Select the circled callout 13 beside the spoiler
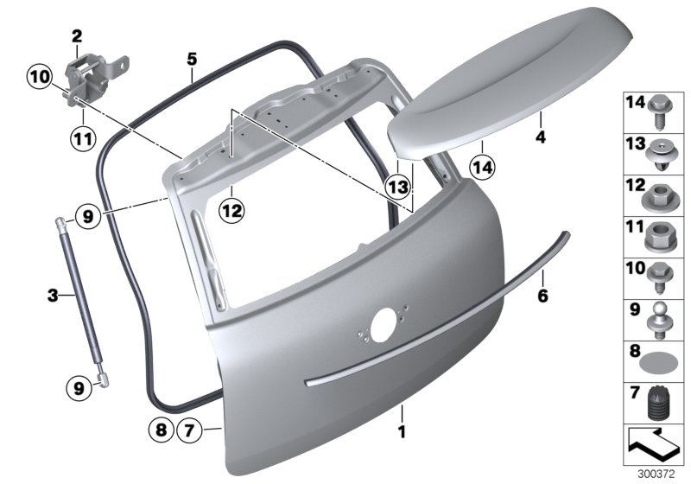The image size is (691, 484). [396, 186]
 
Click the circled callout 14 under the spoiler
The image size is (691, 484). [480, 165]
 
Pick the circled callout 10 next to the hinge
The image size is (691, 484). [39, 79]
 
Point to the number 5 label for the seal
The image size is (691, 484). [192, 59]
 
